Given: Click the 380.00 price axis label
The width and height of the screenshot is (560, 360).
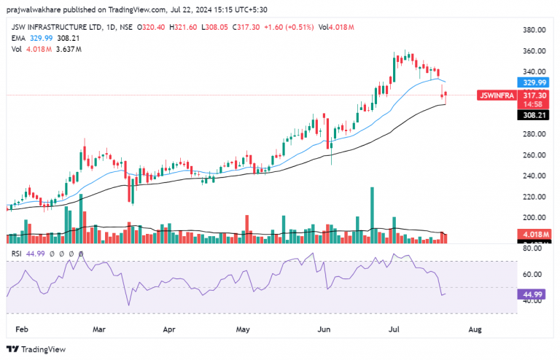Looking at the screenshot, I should pos(535,30).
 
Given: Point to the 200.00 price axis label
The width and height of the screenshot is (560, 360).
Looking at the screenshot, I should pos(535,218).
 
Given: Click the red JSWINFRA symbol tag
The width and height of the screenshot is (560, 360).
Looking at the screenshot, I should pos(496,95).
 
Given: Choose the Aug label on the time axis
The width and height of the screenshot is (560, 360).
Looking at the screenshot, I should pos(475,329).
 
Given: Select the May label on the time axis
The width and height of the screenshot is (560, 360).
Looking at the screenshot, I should pos(244,329).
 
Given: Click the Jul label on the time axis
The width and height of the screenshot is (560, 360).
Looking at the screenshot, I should pos(394,329).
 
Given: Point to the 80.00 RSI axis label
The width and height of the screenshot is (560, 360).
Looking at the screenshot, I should pos(533,249).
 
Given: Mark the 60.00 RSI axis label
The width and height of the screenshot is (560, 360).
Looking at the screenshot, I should pos(533,275).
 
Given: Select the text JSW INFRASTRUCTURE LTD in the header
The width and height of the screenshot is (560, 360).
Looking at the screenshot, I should pos(51,27).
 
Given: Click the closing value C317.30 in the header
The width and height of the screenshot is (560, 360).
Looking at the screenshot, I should pos(240,27).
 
